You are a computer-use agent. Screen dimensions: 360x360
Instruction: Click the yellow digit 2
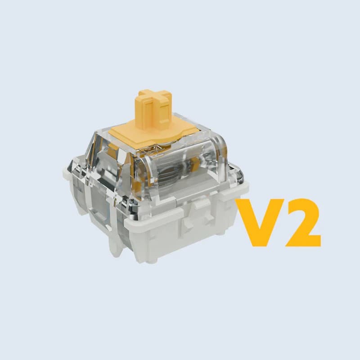303,223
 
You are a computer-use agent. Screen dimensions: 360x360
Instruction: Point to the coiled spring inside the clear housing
175,175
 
